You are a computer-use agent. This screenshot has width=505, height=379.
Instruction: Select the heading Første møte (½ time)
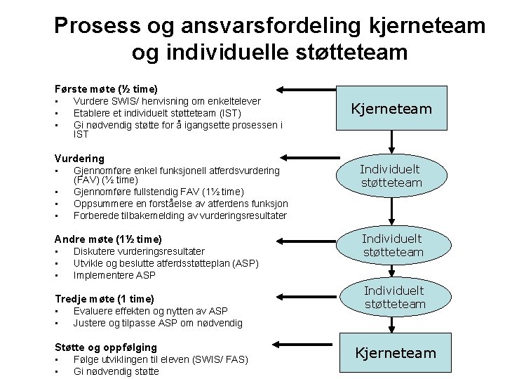pos(106,89)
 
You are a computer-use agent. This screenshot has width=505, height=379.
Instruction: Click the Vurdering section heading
pos(79,159)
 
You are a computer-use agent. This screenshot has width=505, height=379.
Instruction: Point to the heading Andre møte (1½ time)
pos(108,239)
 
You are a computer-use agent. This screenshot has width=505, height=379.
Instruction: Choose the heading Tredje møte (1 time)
pos(105,298)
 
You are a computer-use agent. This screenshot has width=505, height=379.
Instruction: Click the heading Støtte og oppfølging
pos(106,347)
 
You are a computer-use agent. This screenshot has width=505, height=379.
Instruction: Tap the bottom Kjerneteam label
pos(395,353)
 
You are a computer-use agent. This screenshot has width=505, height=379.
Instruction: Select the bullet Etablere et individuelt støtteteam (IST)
pos(157,114)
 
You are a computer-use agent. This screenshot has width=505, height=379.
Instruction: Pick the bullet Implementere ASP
pos(114,275)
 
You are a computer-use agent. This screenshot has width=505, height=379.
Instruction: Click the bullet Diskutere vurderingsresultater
pos(139,251)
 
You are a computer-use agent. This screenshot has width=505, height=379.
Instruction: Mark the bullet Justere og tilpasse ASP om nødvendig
pos(158,323)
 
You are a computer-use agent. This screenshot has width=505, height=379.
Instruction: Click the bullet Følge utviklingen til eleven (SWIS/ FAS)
pos(161,360)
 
